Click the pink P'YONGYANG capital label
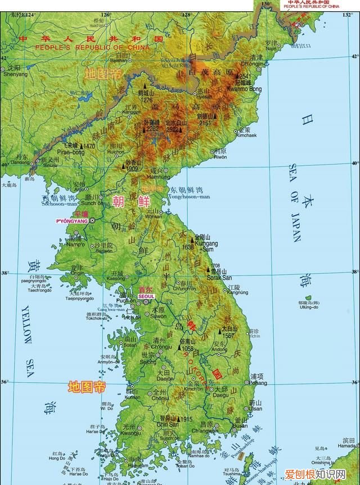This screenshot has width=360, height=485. click(72, 221)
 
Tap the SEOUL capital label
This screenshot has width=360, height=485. click(146, 296)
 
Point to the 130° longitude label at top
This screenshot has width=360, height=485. click(266, 4)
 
